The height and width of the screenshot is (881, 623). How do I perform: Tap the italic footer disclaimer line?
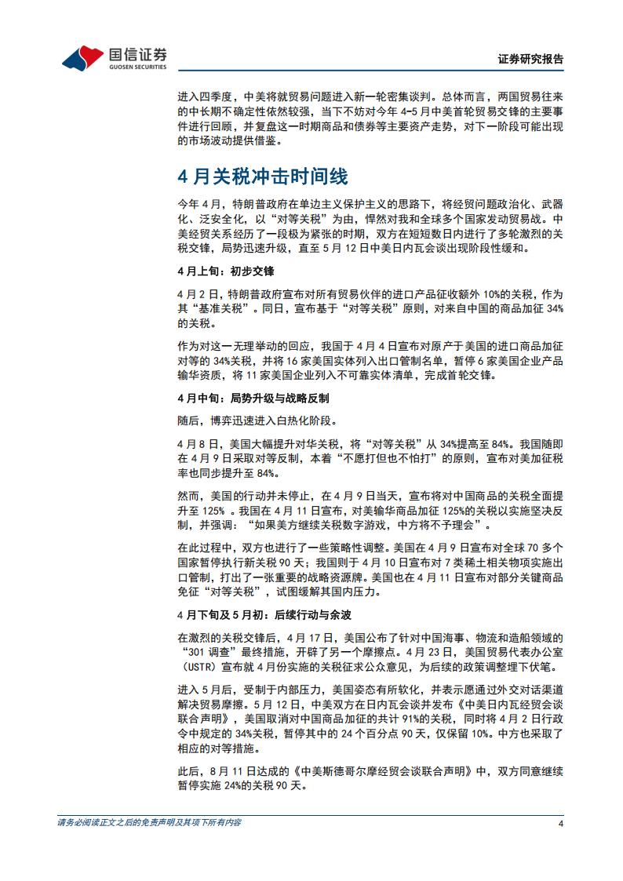[x=149, y=823]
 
